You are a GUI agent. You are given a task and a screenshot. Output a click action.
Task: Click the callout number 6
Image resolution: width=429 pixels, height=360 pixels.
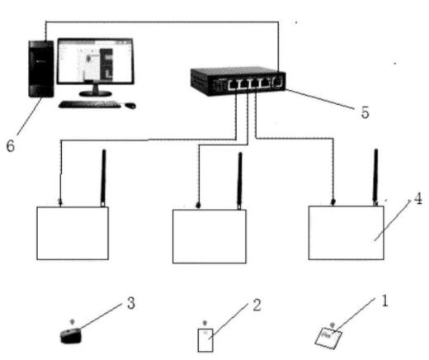click(11, 145)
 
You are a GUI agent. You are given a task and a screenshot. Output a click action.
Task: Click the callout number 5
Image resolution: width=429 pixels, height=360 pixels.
click(365, 112)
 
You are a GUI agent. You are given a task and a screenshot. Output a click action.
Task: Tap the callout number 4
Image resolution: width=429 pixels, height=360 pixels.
click(417, 198)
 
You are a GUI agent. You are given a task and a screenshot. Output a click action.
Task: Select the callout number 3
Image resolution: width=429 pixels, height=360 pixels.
click(131, 303)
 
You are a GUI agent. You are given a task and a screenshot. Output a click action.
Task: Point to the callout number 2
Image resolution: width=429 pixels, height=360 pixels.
click(257, 305)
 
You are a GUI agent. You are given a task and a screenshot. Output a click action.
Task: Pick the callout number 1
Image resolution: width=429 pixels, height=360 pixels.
click(384, 301)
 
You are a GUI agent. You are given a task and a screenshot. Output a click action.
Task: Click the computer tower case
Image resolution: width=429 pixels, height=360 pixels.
click(41, 69)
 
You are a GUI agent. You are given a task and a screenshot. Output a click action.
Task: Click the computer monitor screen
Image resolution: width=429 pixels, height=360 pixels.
click(96, 61)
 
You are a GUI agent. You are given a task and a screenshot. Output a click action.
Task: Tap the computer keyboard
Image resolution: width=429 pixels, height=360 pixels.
click(90, 104)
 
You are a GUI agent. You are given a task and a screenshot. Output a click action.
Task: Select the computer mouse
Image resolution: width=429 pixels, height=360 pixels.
click(130, 106)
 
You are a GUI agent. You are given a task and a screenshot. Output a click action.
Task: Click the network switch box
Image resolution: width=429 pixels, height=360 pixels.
click(238, 81)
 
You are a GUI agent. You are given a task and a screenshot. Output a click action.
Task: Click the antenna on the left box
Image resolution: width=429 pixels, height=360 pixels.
click(103, 178)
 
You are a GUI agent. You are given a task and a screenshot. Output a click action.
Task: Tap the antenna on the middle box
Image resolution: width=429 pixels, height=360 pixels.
click(240, 181)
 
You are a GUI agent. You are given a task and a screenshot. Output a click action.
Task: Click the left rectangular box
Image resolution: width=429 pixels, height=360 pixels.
click(73, 234)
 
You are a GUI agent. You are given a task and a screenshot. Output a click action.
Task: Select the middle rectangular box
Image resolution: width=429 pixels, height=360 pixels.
click(210, 237)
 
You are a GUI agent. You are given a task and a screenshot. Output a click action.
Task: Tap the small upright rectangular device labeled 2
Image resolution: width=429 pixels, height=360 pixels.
click(205, 340)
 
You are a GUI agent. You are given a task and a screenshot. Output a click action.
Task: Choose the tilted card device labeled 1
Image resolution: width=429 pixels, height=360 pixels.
click(328, 339)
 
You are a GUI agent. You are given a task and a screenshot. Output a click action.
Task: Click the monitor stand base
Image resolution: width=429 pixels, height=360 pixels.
click(96, 93)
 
